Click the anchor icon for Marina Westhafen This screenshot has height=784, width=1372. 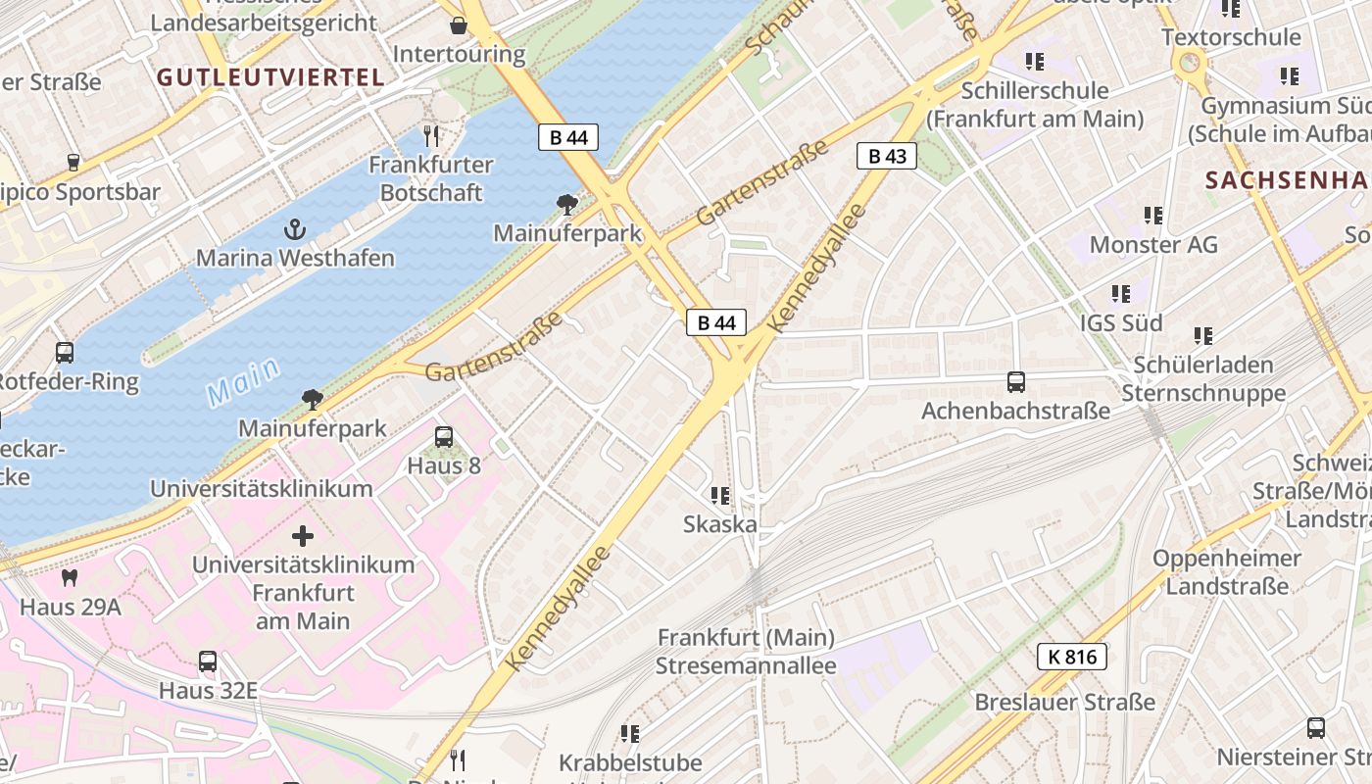[294, 229]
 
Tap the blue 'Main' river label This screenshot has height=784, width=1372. [243, 382]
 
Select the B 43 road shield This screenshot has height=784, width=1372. [886, 156]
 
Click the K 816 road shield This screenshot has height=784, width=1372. [1071, 657]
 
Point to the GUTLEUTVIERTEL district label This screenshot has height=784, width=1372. [269, 77]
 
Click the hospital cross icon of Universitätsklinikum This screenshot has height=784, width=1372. [303, 536]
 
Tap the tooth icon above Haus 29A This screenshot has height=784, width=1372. [70, 578]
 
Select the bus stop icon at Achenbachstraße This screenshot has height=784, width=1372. [1015, 382]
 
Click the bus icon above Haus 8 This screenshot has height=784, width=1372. [444, 437]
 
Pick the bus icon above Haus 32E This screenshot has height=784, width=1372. [208, 661]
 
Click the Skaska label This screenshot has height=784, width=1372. [720, 524]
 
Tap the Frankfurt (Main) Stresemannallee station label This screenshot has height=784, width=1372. [746, 652]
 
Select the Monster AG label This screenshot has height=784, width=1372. [1153, 244]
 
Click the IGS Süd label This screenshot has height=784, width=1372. [1121, 322]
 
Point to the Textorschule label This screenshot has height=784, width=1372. [1231, 37]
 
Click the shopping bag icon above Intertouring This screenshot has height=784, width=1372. [458, 25]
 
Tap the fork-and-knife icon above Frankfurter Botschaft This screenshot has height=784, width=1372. [431, 135]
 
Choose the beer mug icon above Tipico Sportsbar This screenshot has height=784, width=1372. [73, 162]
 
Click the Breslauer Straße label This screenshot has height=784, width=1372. [1064, 703]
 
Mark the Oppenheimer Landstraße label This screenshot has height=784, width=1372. [1227, 572]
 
